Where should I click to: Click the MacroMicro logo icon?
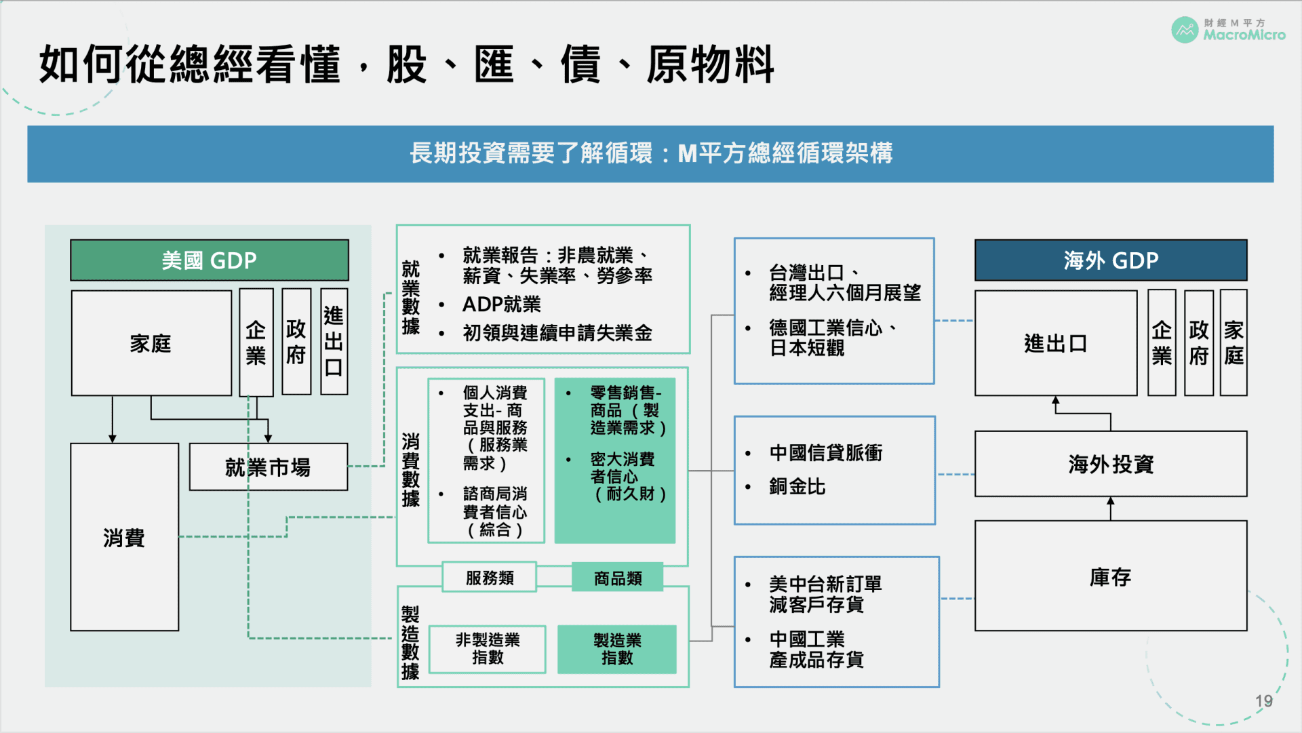(1185, 30)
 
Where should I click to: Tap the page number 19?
(1263, 701)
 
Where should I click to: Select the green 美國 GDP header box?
(210, 260)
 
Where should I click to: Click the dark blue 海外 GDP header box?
(1111, 260)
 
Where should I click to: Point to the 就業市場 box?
(269, 467)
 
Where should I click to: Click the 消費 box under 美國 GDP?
(125, 538)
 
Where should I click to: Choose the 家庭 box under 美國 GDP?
(151, 344)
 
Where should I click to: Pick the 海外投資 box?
(1111, 464)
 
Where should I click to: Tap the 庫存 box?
(1111, 576)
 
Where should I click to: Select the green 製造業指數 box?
(617, 649)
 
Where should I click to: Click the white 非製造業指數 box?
(488, 649)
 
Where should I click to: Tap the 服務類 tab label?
(490, 578)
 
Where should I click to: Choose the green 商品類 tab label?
(618, 578)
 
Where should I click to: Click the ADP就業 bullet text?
(502, 304)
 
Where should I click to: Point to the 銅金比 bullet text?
(797, 487)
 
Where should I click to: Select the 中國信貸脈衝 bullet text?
(826, 453)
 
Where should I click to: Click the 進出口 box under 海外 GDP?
(1056, 344)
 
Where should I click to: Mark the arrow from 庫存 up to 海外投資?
(1111, 509)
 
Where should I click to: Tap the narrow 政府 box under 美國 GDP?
(296, 342)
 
